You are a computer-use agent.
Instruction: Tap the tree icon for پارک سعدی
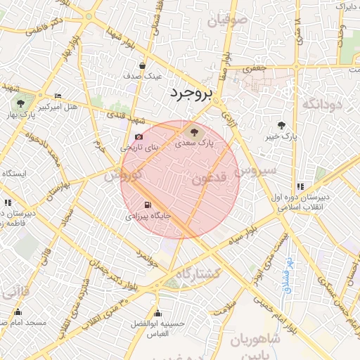pyautogui.click(x=193, y=131)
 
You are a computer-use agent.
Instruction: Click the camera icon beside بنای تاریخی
pyautogui.click(x=139, y=137)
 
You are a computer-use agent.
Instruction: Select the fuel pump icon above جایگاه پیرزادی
pyautogui.click(x=147, y=206)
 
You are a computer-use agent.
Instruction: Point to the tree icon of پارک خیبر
pyautogui.click(x=281, y=125)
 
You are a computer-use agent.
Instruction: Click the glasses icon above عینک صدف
pyautogui.click(x=143, y=65)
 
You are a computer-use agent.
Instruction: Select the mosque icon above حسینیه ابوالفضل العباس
pyautogui.click(x=157, y=313)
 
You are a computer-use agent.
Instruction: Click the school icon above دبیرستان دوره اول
pyautogui.click(x=300, y=186)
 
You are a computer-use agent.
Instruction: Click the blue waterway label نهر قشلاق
pyautogui.click(x=287, y=276)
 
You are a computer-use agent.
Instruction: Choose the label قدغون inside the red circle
pyautogui.click(x=208, y=179)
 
